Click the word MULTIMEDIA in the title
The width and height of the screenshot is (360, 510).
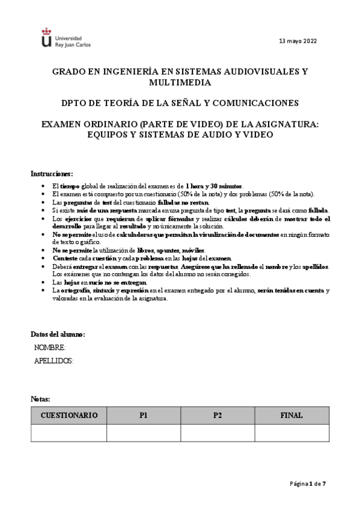[180, 82]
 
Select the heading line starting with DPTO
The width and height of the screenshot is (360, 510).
[180, 103]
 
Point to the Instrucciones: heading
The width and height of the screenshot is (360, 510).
[52, 173]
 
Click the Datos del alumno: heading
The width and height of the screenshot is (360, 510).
[58, 334]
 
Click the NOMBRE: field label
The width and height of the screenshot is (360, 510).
[50, 348]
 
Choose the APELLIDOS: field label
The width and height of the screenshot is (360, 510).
[54, 360]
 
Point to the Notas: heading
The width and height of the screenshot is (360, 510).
[41, 399]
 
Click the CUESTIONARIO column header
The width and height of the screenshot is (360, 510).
[69, 416]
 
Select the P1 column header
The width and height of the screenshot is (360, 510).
[143, 416]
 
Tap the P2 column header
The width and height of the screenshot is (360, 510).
[217, 416]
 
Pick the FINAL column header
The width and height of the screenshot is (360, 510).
[291, 416]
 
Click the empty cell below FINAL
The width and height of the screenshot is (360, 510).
[291, 432]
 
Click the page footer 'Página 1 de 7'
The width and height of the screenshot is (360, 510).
[308, 483]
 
